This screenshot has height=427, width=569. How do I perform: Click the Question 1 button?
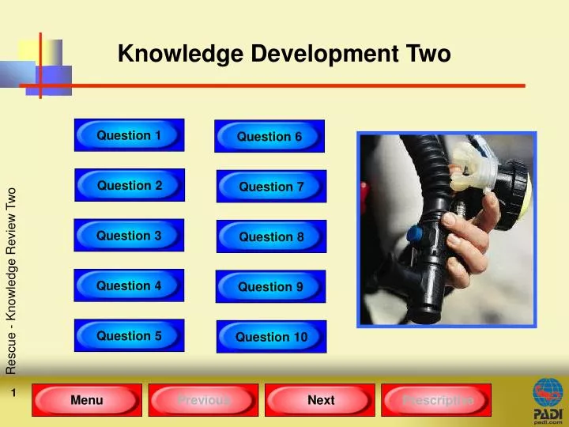[129, 135]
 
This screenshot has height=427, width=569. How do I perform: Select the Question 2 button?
[130, 186]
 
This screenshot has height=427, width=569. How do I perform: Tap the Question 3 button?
[129, 236]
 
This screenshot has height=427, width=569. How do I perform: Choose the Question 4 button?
[129, 285]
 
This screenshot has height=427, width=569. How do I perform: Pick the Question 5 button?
[129, 336]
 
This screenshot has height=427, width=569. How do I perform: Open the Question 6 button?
[269, 137]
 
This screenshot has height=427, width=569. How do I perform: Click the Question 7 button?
[271, 187]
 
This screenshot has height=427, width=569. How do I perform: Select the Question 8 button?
[271, 236]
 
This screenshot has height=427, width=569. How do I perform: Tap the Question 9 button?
[270, 287]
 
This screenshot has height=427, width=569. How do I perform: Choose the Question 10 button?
[271, 337]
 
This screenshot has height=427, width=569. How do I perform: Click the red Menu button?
[87, 400]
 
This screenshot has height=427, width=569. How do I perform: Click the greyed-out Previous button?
[204, 400]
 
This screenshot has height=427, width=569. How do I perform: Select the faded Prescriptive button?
[437, 400]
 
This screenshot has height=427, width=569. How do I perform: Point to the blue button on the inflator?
[414, 233]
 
